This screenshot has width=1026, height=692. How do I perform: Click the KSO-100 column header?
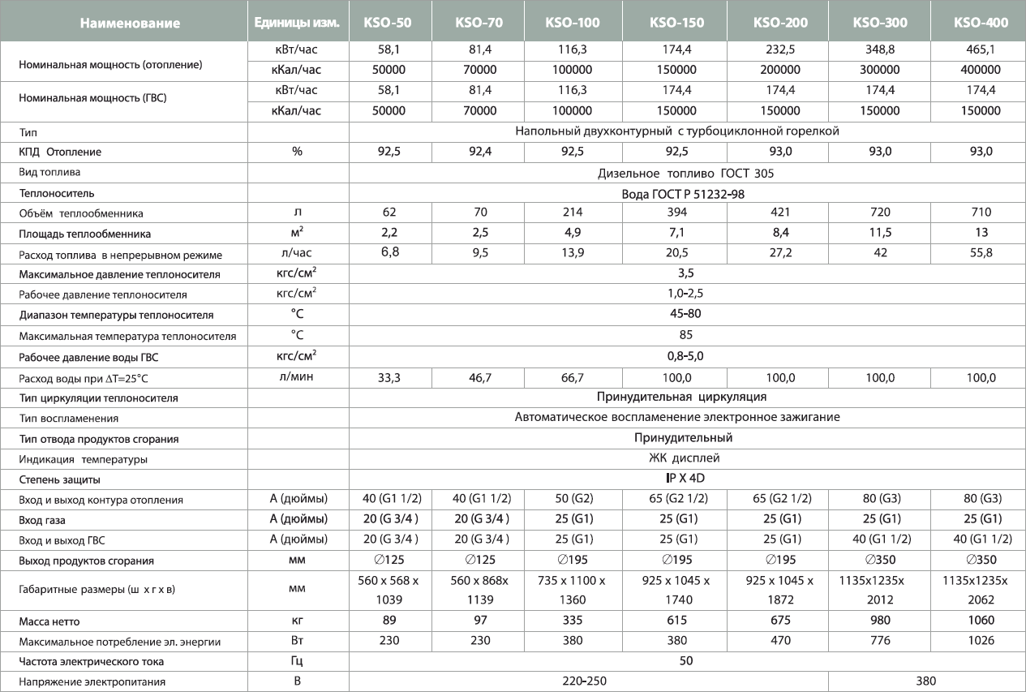click(x=573, y=23)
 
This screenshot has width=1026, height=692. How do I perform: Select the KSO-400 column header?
click(x=981, y=23)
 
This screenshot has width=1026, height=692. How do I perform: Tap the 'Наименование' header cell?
click(x=130, y=23)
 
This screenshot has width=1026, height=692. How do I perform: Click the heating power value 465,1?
click(x=981, y=49)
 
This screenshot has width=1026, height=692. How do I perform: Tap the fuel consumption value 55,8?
click(x=981, y=253)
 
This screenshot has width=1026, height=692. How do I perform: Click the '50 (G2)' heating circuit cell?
click(x=573, y=499)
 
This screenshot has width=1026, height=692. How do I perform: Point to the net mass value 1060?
click(x=981, y=621)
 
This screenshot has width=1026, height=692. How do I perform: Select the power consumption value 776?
click(x=879, y=642)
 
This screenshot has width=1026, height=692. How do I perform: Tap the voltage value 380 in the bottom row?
click(x=925, y=682)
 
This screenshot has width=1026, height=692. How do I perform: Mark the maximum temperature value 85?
click(x=685, y=334)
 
